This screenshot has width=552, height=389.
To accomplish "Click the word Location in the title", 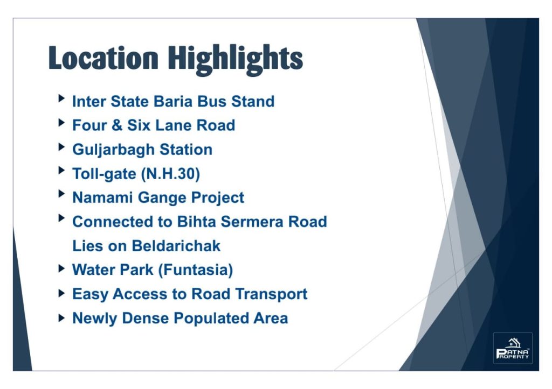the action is [x=103, y=58].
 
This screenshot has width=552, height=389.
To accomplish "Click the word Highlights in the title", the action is [x=235, y=60].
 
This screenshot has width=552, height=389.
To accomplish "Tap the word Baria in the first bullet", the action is [x=173, y=101].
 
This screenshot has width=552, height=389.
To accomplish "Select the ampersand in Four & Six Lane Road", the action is [x=117, y=125].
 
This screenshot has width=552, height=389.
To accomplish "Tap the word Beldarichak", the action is [x=176, y=246].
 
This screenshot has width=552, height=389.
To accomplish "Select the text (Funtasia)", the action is [x=196, y=270].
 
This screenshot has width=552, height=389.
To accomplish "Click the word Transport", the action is [x=272, y=294].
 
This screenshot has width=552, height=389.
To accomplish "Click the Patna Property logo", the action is [x=513, y=348].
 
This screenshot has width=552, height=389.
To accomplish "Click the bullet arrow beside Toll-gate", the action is [x=61, y=171].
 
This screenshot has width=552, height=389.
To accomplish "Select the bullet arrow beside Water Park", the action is [x=61, y=269].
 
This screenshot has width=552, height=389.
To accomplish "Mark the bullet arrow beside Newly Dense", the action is [x=61, y=319].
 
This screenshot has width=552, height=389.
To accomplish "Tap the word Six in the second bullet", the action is [x=139, y=125].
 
